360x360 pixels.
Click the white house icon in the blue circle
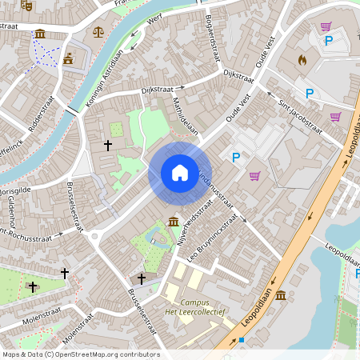coord(179,173)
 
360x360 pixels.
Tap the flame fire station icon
coord(302,59)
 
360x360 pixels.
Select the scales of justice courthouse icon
coord(98,33)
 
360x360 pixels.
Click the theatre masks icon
coord(26,5)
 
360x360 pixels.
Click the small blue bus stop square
coord(241,339)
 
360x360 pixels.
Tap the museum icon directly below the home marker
coord(173,222)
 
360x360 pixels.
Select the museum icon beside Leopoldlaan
coord(280,296)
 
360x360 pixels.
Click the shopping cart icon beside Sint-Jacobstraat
coord(335,117)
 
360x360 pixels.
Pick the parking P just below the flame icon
coord(309,94)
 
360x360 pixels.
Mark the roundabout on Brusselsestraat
coord(94,236)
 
